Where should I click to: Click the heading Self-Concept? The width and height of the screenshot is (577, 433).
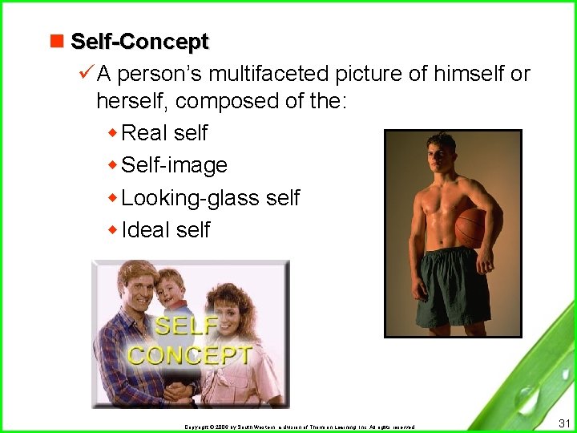coord(139,41)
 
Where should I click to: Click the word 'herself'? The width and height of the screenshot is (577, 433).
coord(132,101)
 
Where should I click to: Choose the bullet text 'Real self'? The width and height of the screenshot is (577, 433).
coord(164,133)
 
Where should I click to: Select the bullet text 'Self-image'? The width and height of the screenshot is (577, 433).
coord(174,165)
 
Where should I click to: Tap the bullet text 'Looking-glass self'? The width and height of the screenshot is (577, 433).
coord(210,197)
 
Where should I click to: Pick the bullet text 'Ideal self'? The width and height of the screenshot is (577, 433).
coord(165,230)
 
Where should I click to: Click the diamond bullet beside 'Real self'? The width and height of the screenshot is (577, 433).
coord(112,133)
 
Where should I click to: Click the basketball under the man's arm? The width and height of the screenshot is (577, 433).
coord(472,228)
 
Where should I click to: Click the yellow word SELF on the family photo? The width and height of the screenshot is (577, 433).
coord(186,326)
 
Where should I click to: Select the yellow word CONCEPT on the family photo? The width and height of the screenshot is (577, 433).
coord(190,355)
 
